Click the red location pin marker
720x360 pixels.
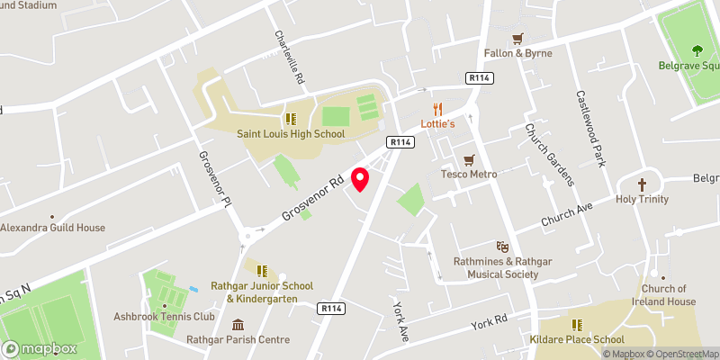(x=361, y=179)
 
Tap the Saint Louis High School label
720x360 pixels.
(x=291, y=134)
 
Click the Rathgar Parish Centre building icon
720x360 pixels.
(x=238, y=325)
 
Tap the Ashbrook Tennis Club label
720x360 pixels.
(x=164, y=317)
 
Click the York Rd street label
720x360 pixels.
(x=490, y=321)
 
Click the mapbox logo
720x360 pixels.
(x=40, y=348)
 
